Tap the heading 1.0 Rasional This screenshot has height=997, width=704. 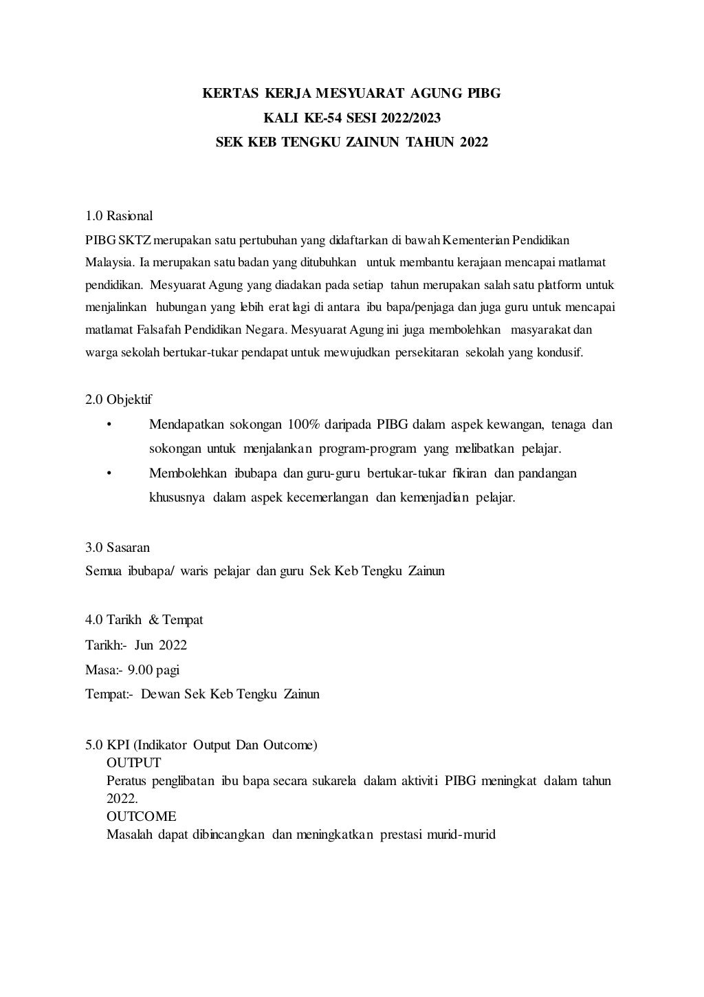(x=119, y=216)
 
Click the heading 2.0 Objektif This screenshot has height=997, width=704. (x=119, y=400)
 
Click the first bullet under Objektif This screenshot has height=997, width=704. (x=109, y=425)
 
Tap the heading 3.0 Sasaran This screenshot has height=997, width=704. (x=118, y=548)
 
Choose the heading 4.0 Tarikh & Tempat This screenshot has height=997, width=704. (x=144, y=620)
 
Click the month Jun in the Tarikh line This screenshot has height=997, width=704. (x=144, y=645)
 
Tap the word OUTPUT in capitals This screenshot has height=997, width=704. (x=134, y=762)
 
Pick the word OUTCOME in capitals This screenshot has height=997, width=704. (x=142, y=816)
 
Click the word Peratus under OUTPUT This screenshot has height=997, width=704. (x=127, y=781)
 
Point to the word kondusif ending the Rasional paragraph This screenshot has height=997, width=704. (x=559, y=353)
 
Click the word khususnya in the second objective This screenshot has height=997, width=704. (x=177, y=497)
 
